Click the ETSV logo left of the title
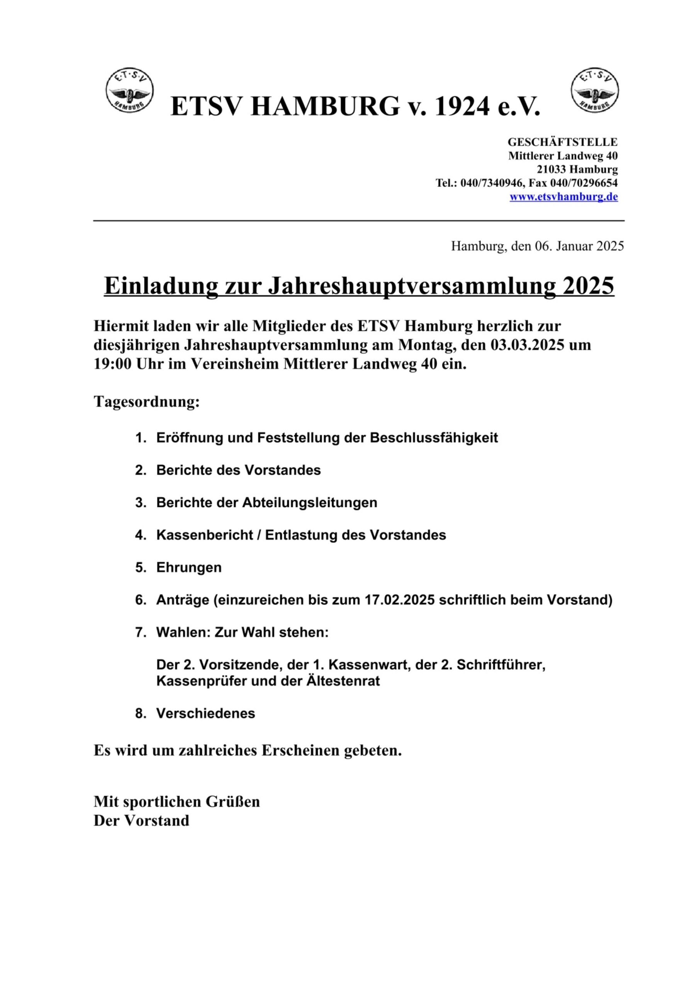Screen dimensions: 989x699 (129, 90)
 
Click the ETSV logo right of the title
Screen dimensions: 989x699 (594, 90)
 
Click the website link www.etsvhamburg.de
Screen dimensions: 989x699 (563, 197)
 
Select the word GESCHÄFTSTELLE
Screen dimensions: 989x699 (562, 142)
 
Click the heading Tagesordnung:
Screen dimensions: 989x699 (147, 401)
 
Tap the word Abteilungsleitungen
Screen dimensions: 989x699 (310, 503)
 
